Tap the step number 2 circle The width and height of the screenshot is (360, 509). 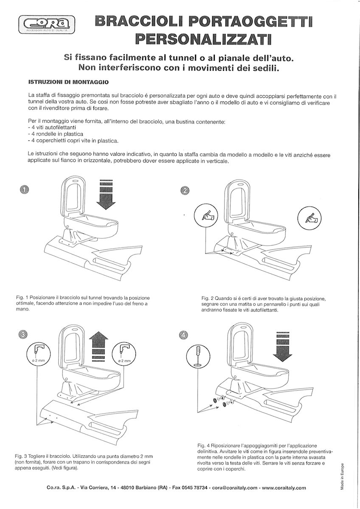pyautogui.click(x=185, y=190)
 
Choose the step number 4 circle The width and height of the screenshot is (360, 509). pyautogui.click(x=183, y=335)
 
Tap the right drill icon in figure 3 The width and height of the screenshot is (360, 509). pyautogui.click(x=125, y=353)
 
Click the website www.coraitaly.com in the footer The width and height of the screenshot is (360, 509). pyautogui.click(x=284, y=488)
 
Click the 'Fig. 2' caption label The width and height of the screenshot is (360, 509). pyautogui.click(x=208, y=298)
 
